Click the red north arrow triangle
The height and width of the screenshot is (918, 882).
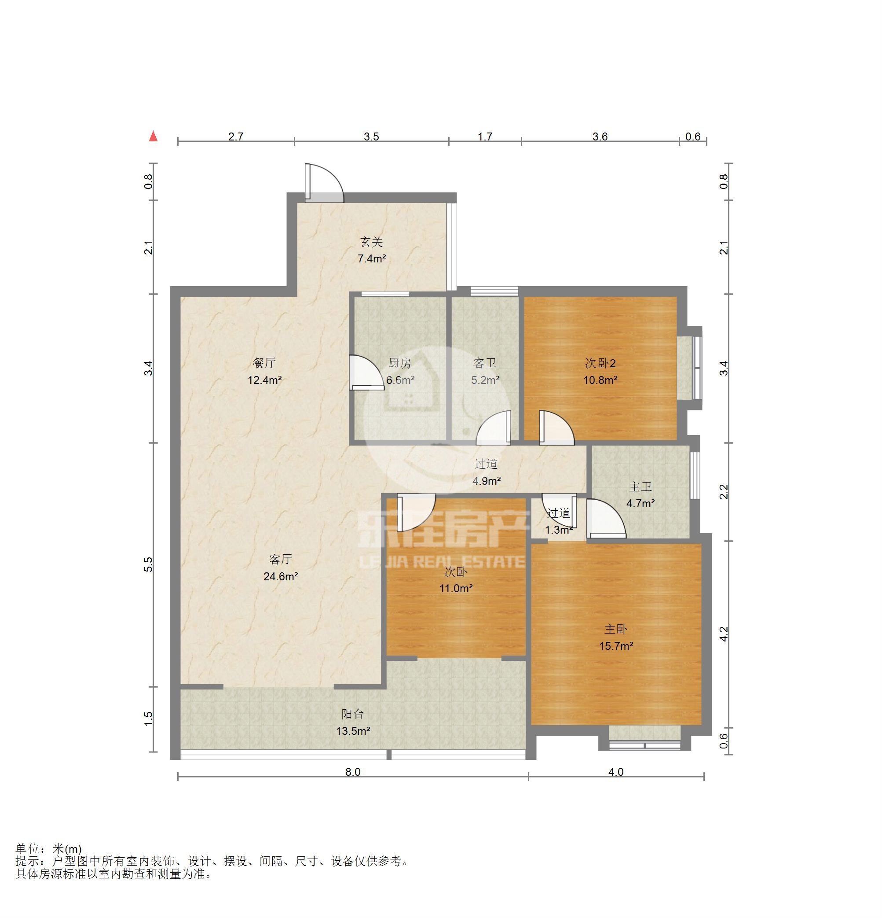pos(153,136)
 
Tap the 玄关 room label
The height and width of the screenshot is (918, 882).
pos(372,242)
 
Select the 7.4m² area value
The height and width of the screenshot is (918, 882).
pos(372,258)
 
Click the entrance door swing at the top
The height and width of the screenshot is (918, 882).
pos(324,183)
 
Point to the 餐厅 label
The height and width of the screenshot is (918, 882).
pos(264,363)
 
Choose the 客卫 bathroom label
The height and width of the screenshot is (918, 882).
pos(485,363)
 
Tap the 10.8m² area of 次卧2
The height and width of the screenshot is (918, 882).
pos(600,380)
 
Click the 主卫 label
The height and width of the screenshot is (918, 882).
pos(640,487)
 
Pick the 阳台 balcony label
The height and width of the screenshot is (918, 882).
pos(353,714)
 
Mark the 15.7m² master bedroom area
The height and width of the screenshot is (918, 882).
pos(616,646)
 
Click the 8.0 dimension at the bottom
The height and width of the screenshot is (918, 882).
pos(353,772)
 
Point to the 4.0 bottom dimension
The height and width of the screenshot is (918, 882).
pos(616,772)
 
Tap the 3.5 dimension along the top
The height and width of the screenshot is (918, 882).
pos(371,136)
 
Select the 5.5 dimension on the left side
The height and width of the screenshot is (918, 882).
pos(148,564)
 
